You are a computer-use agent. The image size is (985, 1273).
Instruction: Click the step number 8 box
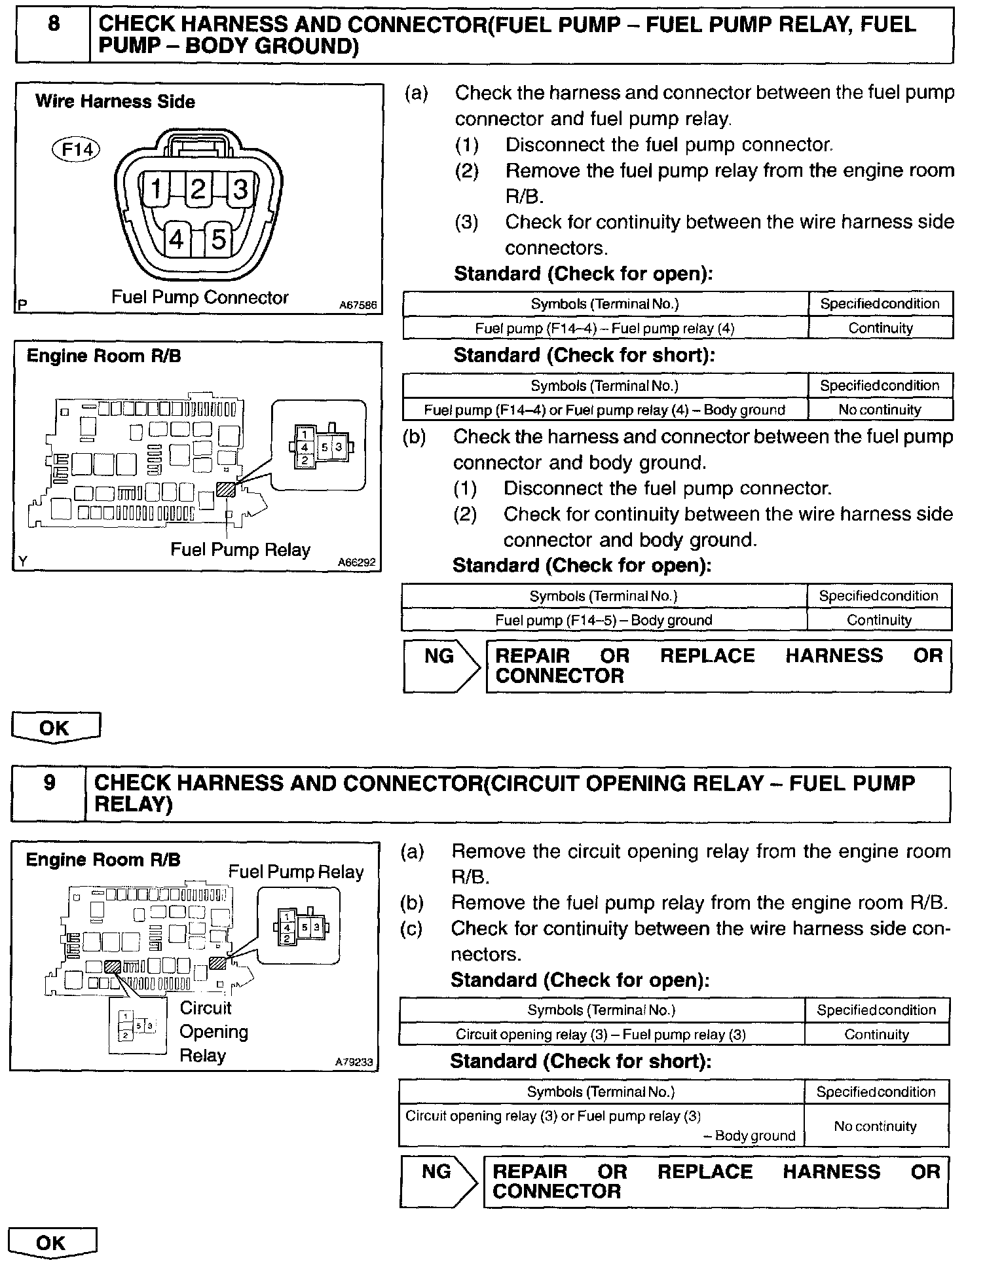tap(53, 35)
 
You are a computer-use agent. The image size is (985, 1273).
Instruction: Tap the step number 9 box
tap(49, 793)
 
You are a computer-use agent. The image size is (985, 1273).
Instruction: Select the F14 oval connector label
tap(77, 150)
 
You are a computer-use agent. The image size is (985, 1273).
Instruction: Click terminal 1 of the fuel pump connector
tap(156, 189)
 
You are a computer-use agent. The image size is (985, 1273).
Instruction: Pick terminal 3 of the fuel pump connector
tap(240, 189)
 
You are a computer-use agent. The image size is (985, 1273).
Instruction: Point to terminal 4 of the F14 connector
tap(176, 240)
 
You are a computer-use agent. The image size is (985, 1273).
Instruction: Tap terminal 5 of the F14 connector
tap(218, 239)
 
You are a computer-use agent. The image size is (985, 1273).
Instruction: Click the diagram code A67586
tap(358, 305)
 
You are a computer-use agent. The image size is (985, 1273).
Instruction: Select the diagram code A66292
tap(357, 562)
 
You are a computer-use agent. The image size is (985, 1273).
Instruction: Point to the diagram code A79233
tap(354, 1062)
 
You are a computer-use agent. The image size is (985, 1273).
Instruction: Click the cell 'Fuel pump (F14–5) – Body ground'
tap(603, 620)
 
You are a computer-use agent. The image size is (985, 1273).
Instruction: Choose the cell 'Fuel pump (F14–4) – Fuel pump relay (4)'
tap(605, 328)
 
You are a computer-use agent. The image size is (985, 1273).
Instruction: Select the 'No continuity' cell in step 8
tap(880, 410)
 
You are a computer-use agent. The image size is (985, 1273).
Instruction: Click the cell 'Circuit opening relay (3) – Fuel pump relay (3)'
tap(601, 1035)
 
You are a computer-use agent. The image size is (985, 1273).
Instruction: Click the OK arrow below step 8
tap(55, 728)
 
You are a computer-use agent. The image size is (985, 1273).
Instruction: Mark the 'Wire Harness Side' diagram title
tap(115, 101)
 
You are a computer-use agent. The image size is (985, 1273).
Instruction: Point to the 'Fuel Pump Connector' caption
tap(200, 297)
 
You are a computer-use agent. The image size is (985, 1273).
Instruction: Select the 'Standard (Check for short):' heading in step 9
tap(580, 1061)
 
